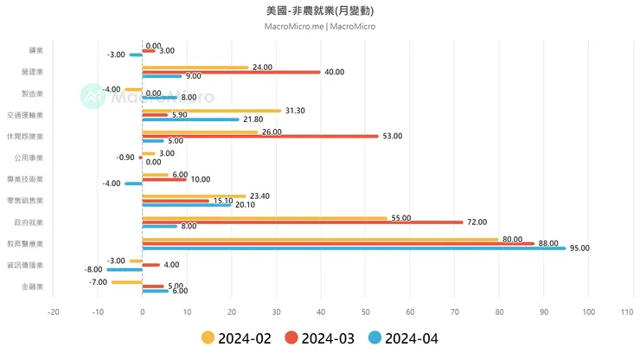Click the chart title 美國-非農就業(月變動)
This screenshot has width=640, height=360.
click(x=320, y=11)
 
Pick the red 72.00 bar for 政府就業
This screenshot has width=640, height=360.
click(x=303, y=222)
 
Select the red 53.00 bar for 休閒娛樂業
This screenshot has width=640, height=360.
click(x=259, y=136)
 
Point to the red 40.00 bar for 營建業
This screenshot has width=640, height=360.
click(x=231, y=72)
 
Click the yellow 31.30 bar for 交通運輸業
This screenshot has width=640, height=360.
click(x=211, y=111)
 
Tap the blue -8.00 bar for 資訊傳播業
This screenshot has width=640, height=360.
click(x=125, y=269)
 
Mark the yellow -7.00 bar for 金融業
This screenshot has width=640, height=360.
click(x=127, y=282)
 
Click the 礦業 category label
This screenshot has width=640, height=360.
click(x=35, y=51)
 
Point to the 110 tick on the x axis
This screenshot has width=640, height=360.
click(x=633, y=312)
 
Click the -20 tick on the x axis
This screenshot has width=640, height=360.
click(x=54, y=312)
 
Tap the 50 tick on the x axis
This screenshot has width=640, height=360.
click(x=366, y=312)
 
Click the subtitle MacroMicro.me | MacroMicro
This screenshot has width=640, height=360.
click(x=320, y=26)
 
